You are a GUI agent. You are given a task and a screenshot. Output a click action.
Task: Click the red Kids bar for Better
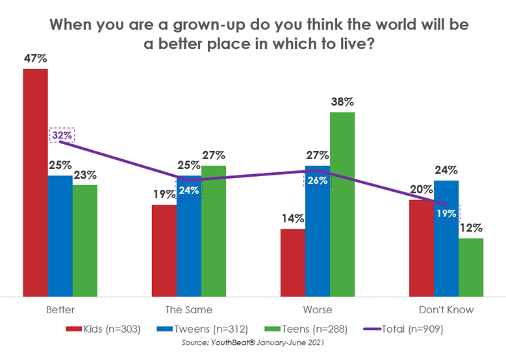[x=35, y=182]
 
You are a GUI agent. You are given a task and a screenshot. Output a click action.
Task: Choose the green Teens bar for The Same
[x=213, y=231]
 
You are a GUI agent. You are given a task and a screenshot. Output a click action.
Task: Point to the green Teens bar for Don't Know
[x=471, y=267]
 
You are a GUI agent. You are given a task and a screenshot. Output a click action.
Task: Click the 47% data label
[x=35, y=58]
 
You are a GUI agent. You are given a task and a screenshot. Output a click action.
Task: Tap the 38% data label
[x=342, y=102]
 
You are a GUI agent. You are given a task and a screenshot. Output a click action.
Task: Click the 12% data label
[x=472, y=228]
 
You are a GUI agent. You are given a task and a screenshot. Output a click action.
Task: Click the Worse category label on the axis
[x=318, y=309]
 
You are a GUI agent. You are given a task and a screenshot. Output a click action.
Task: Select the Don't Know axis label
[x=446, y=309]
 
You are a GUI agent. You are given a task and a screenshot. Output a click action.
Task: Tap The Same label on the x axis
[x=188, y=309]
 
